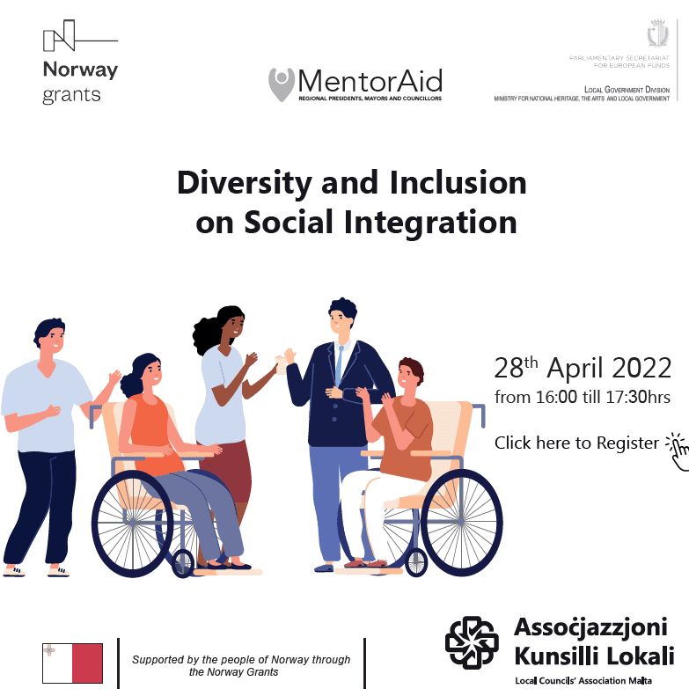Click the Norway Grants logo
coord(80,62)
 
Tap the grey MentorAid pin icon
coord(282,84)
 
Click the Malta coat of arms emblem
coord(658,33)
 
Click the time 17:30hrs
coord(637,397)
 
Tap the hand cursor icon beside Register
coord(678,451)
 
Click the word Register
coord(627,443)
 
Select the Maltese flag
coord(72,663)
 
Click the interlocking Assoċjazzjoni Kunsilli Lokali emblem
coord(472,642)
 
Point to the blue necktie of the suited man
coord(339,365)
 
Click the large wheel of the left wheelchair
coord(132,524)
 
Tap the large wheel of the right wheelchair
coord(461,523)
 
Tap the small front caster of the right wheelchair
coord(416,562)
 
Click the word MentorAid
coord(370,81)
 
